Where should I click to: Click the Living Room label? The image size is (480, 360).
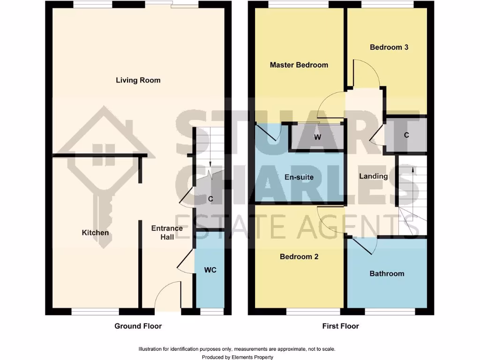[138, 80]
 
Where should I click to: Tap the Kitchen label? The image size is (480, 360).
[95, 232]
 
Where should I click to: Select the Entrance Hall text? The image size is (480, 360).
[167, 232]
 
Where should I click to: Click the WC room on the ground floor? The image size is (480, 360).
[210, 270]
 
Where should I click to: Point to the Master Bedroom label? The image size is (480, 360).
[299, 65]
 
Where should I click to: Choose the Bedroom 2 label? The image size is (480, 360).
[299, 256]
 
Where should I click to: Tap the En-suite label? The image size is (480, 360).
[299, 177]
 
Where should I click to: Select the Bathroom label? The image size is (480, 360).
[387, 273]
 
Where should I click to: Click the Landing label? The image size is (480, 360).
[373, 176]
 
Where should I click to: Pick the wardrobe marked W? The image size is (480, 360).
[317, 137]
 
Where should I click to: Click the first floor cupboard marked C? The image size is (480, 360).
[406, 135]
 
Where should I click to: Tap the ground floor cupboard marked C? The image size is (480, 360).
[210, 199]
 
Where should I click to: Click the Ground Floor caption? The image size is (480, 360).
[138, 326]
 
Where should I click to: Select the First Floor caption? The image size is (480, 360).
[340, 326]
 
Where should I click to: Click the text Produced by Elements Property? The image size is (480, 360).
[237, 357]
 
